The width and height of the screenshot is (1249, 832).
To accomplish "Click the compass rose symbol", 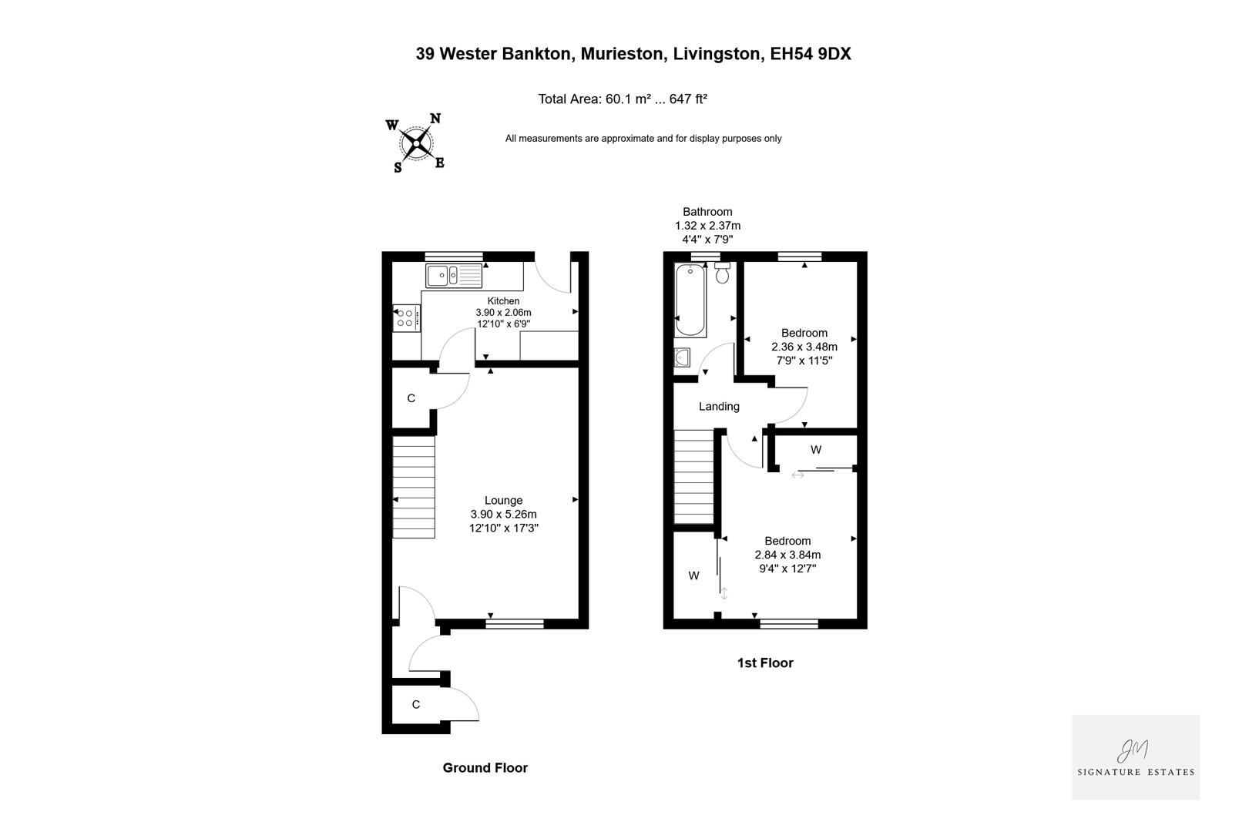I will coord(417,143).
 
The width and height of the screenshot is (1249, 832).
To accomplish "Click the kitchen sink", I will coord(453,274).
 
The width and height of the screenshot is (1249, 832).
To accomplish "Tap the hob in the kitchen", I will coord(406,317).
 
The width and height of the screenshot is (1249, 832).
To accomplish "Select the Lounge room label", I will coord(503,501).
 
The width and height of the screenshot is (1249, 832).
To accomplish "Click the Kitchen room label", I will coord(503,301).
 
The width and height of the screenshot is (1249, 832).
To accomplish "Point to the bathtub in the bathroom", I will coord(690,300).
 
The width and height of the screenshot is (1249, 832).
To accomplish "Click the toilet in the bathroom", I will coord(722,273).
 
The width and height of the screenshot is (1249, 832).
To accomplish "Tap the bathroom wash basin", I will coord(682,358).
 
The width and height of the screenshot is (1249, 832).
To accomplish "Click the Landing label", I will coord(719,407).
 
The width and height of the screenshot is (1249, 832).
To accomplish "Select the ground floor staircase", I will coord(415,487).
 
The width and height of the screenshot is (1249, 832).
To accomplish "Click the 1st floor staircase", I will coord(694,477).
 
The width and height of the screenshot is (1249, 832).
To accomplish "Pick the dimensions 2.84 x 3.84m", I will coord(787,555).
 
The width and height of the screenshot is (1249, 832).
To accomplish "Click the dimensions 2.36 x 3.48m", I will coord(804,347).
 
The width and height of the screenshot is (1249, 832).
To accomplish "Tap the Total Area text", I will coord(623,99).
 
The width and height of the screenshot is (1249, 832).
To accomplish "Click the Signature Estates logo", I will coord(1135,757).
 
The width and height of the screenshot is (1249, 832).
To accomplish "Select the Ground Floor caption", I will coord(485,768).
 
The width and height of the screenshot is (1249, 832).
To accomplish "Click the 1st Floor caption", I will coord(764,663).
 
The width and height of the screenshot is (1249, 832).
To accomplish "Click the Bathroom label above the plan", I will coord(707,212).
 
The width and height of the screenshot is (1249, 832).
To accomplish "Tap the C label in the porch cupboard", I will coord(416,705).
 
